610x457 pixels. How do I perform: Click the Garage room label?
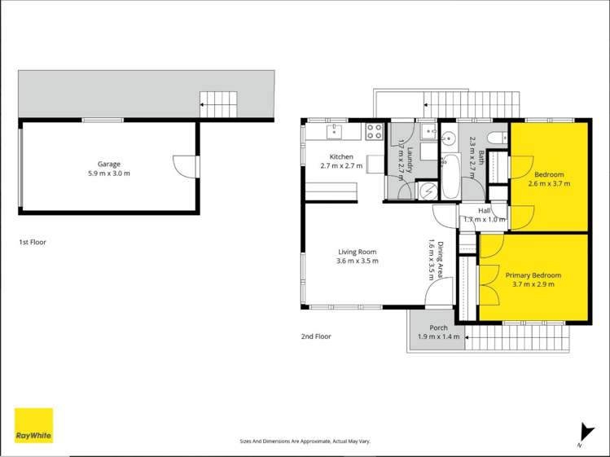(109, 163)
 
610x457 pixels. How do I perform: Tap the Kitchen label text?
(340, 156)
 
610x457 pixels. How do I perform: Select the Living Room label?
(357, 251)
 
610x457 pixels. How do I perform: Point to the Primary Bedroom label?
(533, 275)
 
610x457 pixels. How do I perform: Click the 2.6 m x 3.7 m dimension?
(549, 184)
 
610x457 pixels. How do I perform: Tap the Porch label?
(438, 327)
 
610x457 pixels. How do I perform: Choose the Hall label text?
(484, 210)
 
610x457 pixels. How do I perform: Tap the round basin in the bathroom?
(449, 134)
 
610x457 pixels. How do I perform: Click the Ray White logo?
(33, 425)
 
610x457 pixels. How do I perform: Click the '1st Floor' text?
(33, 242)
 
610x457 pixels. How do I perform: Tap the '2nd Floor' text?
(316, 336)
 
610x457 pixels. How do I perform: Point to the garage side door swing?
(186, 165)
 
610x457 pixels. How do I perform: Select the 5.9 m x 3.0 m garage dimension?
(109, 174)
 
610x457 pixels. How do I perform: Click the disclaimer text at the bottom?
(305, 441)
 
